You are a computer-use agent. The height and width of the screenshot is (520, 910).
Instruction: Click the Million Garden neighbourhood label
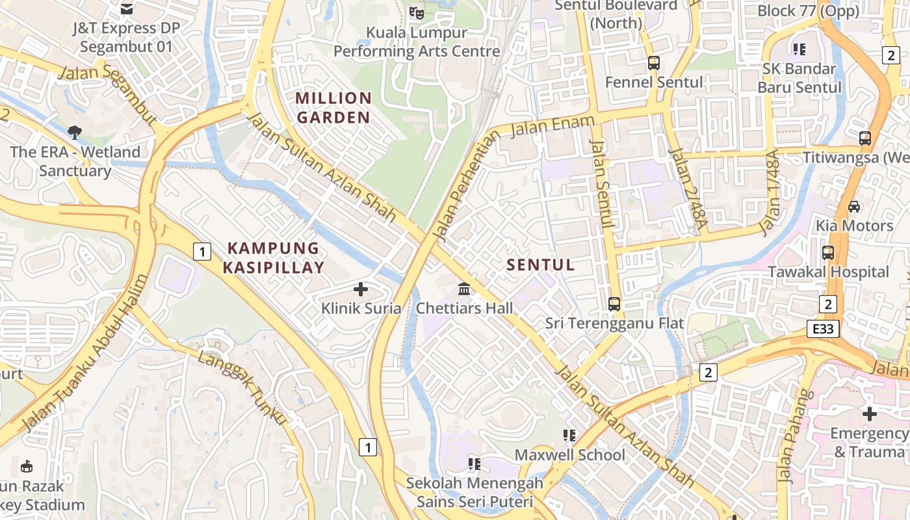(x=333, y=108)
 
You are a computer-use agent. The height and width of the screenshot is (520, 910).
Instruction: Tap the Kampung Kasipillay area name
(x=274, y=257)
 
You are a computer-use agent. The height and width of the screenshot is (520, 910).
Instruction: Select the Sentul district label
(x=541, y=265)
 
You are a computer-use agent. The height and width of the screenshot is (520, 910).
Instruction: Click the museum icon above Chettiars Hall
(x=464, y=289)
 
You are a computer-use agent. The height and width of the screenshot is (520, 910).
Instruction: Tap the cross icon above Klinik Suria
(x=361, y=289)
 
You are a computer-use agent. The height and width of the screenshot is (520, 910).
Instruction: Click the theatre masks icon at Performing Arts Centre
(x=416, y=12)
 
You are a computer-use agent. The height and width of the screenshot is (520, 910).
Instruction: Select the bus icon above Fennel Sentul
(x=654, y=63)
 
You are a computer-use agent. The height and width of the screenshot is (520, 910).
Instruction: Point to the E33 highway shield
(x=823, y=329)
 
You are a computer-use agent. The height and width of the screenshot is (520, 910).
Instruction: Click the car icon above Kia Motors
(x=854, y=207)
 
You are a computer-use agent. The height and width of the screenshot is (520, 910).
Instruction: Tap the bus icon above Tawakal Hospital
(x=828, y=253)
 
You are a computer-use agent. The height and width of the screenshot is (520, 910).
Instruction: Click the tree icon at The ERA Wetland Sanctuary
(x=75, y=133)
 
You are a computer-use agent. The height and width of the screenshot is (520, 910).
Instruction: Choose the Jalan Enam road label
(x=552, y=125)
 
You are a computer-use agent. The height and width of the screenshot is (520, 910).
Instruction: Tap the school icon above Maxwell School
(x=570, y=435)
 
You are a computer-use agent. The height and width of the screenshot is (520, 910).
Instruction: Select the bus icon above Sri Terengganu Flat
(x=614, y=304)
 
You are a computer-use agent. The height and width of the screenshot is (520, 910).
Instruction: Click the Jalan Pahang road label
(x=794, y=435)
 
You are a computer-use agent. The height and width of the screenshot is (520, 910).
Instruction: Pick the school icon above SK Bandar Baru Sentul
(x=799, y=49)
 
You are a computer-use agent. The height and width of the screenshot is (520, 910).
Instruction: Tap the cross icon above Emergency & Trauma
(x=869, y=413)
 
